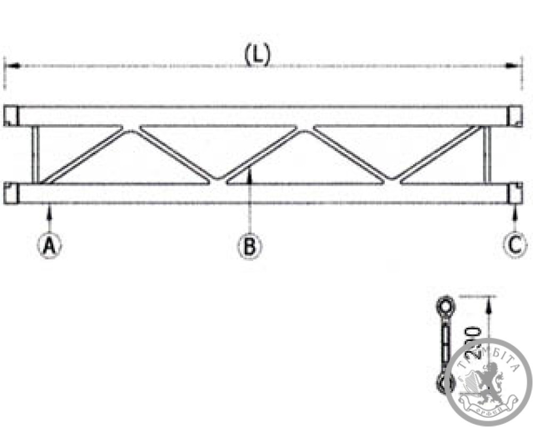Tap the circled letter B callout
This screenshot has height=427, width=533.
(x=249, y=246)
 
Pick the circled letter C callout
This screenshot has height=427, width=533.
(x=515, y=245)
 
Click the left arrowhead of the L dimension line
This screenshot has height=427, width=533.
(x=12, y=66)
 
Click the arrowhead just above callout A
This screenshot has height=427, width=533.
(x=49, y=212)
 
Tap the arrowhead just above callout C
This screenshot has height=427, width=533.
(x=515, y=212)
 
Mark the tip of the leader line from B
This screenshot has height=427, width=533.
(x=249, y=170)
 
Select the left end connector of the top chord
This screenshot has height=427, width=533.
(x=12, y=116)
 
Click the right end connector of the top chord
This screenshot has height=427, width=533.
(x=515, y=116)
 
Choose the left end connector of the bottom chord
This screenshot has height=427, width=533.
(x=12, y=193)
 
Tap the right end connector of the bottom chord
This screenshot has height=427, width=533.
(x=515, y=193)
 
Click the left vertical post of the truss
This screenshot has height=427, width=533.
(x=35, y=154)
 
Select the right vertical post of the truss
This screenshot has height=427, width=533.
(x=486, y=154)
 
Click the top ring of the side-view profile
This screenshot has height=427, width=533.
(x=445, y=306)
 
